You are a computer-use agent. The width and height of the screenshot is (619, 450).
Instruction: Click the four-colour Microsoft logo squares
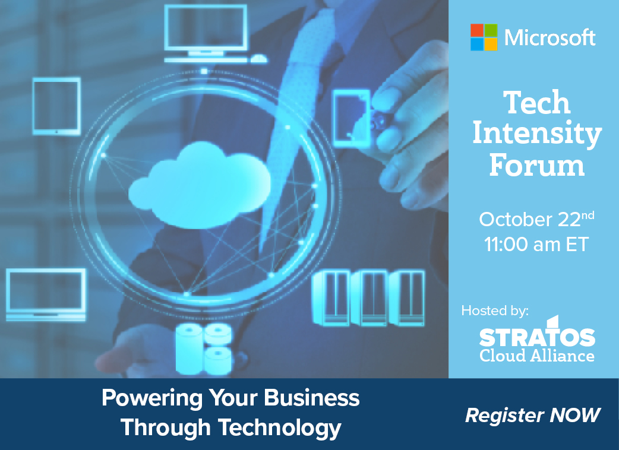(x=484, y=37)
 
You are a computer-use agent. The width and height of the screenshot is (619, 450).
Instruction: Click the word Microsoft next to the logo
(x=550, y=38)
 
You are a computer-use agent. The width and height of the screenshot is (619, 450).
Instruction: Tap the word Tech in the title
(x=537, y=103)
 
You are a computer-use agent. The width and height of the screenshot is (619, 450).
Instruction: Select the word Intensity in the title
(x=537, y=135)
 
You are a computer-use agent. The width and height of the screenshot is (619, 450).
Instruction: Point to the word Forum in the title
(x=537, y=165)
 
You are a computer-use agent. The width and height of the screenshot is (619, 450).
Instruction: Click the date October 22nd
(x=536, y=219)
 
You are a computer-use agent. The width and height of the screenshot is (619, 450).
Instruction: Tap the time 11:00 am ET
(x=536, y=245)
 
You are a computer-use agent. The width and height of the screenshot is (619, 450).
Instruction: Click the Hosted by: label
(x=495, y=311)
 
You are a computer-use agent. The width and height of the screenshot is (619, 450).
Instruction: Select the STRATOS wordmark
(x=537, y=334)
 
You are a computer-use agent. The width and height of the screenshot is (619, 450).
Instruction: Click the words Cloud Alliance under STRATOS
(x=537, y=356)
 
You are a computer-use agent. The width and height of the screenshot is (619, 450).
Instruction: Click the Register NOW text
(x=532, y=416)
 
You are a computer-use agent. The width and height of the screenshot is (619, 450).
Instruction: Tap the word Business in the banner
(x=312, y=398)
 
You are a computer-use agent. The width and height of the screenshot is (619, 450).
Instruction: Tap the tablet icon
(x=57, y=106)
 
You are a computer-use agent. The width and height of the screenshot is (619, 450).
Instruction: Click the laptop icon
(x=46, y=294)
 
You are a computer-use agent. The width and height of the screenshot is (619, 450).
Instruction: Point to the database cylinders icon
(x=204, y=348)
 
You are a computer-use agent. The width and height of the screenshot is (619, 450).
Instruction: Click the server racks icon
(x=368, y=298)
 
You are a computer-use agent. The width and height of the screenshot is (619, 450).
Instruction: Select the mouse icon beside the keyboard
(x=259, y=59)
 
